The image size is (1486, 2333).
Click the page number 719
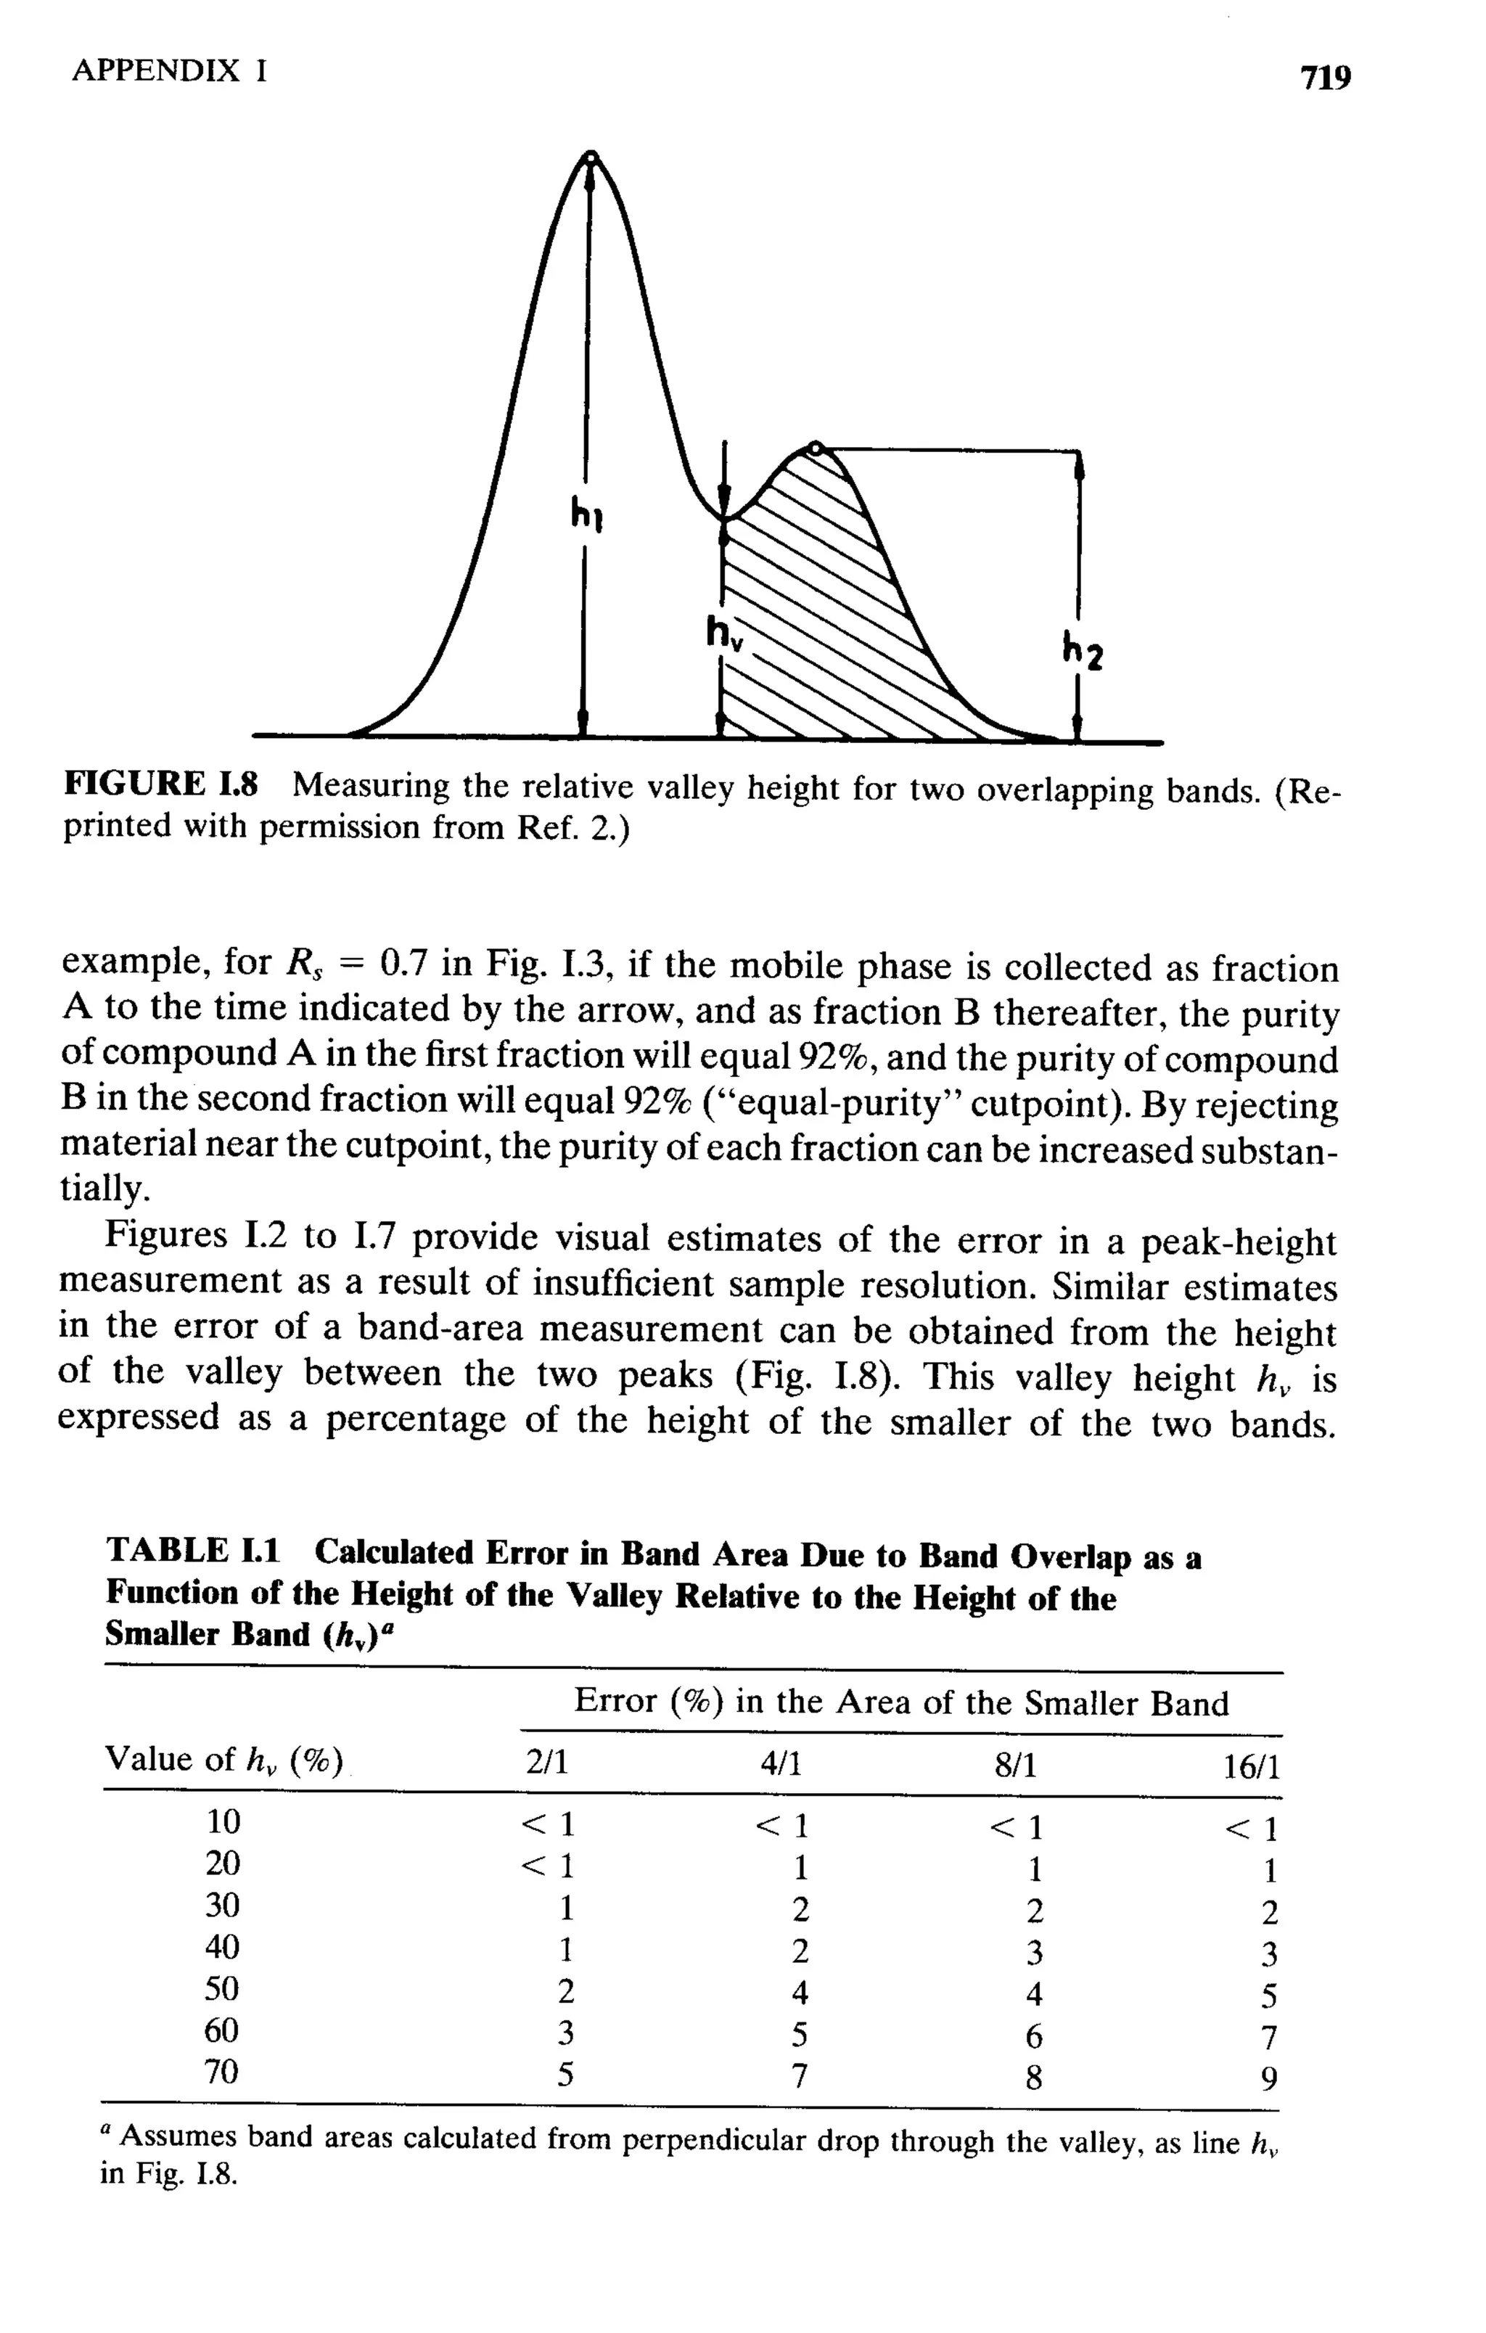[x=1324, y=76]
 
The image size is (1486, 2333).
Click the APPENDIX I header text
[x=170, y=70]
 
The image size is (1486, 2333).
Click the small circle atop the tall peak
[x=590, y=156]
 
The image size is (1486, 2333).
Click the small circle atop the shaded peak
[x=816, y=448]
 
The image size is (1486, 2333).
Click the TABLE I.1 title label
[x=193, y=1551]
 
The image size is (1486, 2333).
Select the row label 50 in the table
[x=222, y=1989]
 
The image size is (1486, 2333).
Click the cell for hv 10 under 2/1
[x=549, y=1824]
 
